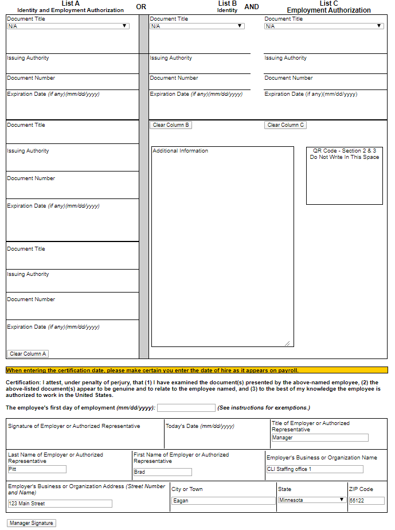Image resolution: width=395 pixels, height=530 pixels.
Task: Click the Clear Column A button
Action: point(28,354)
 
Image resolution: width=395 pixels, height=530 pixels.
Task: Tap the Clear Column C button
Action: point(286,125)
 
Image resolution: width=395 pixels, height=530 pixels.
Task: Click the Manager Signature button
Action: point(32,523)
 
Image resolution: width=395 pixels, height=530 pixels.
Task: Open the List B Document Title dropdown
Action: point(197,26)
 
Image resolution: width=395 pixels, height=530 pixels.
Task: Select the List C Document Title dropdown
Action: point(323,26)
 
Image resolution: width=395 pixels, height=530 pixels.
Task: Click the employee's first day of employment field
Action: point(186,408)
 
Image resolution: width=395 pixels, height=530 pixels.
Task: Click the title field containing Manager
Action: point(319,438)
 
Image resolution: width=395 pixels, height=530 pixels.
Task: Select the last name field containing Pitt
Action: point(37,469)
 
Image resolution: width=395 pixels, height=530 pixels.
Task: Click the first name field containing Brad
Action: point(162,472)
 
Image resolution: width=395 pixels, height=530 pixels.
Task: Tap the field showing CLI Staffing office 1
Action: point(314,469)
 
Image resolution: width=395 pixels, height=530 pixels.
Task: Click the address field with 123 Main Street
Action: point(60,504)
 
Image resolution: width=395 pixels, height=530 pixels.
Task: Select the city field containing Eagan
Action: point(223,501)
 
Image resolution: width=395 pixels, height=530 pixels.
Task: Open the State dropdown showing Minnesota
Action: point(311,500)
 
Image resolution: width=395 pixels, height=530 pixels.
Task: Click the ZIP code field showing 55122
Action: point(366,501)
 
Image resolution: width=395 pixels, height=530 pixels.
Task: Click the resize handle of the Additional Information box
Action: point(288,344)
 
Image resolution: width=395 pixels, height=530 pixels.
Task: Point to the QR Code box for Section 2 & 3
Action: point(344,176)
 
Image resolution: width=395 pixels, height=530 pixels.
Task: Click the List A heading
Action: point(71,3)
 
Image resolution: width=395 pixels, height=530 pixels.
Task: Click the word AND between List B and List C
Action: point(252,7)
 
